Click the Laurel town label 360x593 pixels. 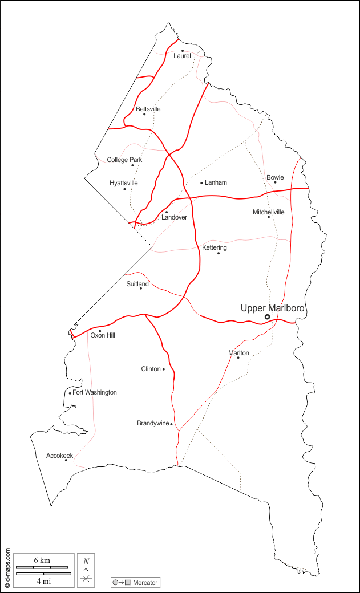tap(182, 56)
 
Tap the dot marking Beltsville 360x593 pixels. tap(144, 114)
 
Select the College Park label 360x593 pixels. tap(124, 160)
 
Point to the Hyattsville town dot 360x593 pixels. tap(124, 189)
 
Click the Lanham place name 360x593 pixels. tap(216, 182)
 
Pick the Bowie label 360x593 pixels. tap(275, 177)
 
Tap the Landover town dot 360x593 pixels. tap(167, 212)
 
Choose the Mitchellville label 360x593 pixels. tap(268, 212)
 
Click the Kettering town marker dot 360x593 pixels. tap(218, 253)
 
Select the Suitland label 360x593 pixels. tap(137, 283)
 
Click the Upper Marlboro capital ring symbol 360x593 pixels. tap(267, 317)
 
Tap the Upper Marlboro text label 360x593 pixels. tap(273, 308)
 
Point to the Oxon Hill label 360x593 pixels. tap(103, 335)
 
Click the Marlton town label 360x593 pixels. tap(238, 353)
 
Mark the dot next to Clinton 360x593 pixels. tap(164, 369)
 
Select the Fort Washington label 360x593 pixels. tap(95, 392)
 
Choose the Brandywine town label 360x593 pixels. tap(153, 423)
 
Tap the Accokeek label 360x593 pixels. tap(59, 456)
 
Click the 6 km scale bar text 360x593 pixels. tap(42, 560)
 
